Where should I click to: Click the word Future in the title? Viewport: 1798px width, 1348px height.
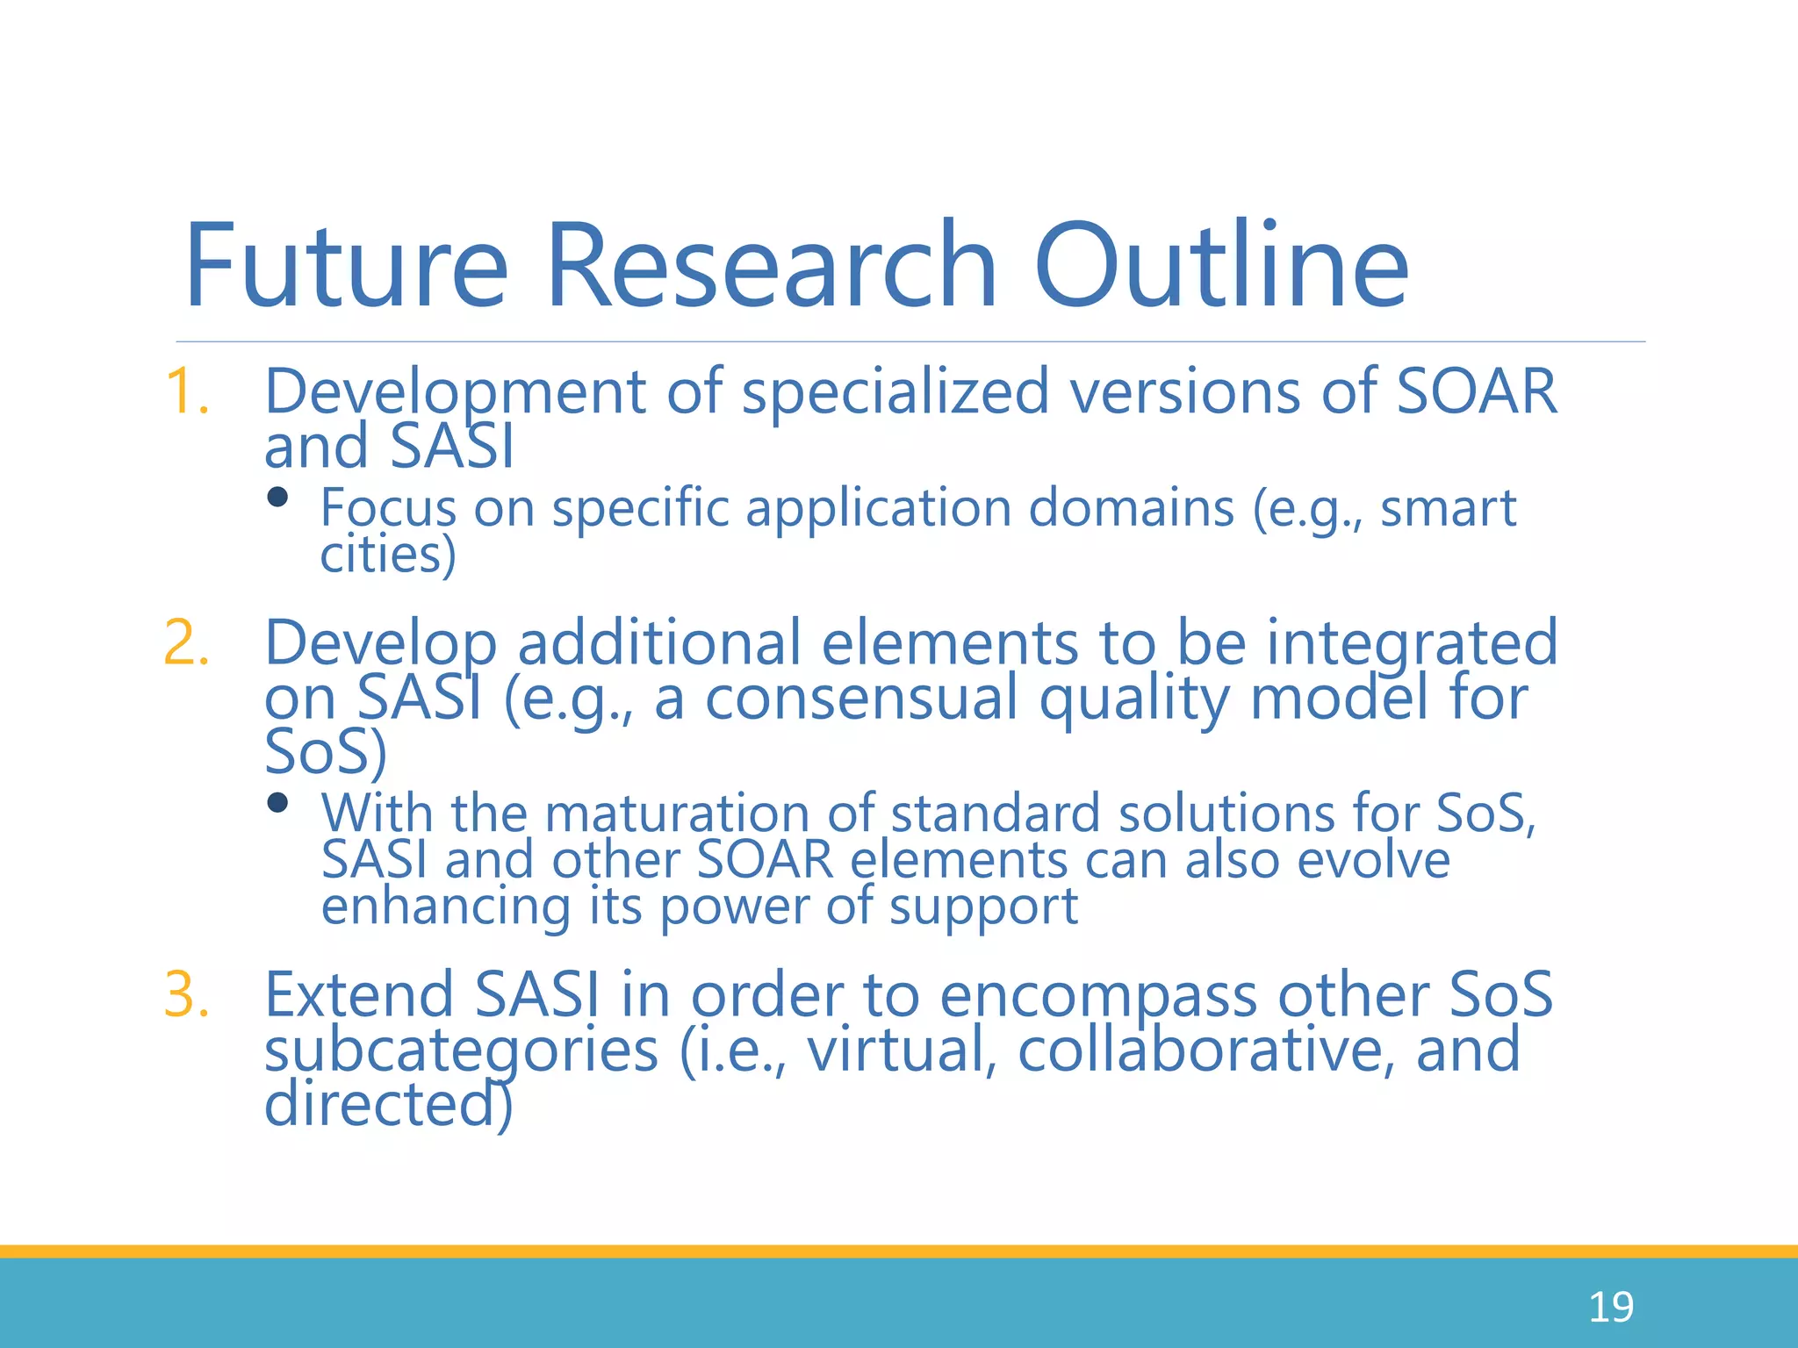tap(346, 267)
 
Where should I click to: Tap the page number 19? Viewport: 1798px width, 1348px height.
tap(1611, 1308)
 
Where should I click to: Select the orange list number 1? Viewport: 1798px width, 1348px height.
tap(187, 391)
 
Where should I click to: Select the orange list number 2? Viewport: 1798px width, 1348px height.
tap(187, 642)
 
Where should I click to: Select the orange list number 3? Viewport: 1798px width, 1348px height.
tap(187, 995)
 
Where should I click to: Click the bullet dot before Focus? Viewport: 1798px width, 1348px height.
tap(277, 498)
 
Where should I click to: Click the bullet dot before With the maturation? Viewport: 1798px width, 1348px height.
tap(277, 802)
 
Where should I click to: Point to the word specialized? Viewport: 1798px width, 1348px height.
tap(895, 391)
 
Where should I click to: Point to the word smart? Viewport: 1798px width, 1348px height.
tap(1449, 509)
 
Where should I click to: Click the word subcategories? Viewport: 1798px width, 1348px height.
tap(461, 1050)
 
